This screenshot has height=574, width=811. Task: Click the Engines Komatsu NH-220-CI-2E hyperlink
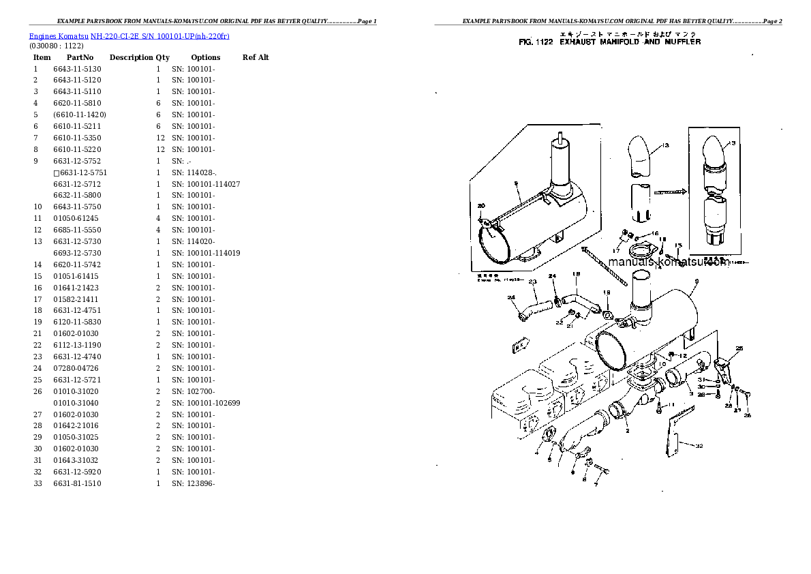(x=129, y=35)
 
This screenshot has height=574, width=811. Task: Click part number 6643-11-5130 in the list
(x=77, y=69)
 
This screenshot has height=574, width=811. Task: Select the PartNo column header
(x=80, y=57)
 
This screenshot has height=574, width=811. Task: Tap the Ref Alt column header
(x=256, y=57)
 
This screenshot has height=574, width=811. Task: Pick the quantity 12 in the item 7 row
(x=160, y=138)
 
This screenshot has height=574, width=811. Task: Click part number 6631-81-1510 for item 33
(x=77, y=483)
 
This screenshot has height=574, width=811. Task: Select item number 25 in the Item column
(x=37, y=380)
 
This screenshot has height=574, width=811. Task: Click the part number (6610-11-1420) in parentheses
(x=79, y=115)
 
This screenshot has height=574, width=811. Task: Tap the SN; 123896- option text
(x=194, y=483)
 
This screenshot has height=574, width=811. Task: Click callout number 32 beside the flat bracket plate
(x=699, y=446)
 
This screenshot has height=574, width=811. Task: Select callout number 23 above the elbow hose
(x=532, y=282)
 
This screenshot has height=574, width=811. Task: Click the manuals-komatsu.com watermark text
(x=668, y=262)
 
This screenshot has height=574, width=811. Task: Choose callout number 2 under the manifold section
(x=627, y=430)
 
